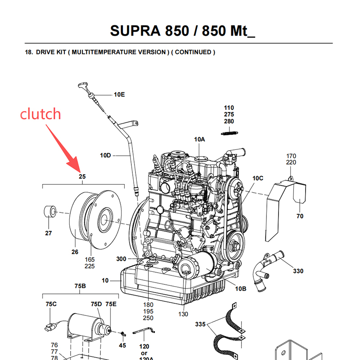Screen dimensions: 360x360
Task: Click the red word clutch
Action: click(40, 114)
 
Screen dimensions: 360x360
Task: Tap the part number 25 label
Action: click(82, 176)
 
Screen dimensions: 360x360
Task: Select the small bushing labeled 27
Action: click(49, 211)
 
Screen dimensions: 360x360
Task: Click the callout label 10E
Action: click(119, 94)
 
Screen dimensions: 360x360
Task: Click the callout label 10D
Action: click(105, 156)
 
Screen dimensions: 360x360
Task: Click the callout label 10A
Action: click(199, 139)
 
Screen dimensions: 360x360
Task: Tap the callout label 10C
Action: click(257, 178)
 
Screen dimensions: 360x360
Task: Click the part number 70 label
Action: click(300, 216)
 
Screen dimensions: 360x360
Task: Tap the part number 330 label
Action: click(298, 271)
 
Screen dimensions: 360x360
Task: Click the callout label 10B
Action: click(241, 288)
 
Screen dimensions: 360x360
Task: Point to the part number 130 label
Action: click(183, 314)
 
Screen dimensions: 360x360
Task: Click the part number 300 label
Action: click(121, 259)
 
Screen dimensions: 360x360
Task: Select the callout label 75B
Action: click(80, 286)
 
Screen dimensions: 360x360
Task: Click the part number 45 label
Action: click(122, 346)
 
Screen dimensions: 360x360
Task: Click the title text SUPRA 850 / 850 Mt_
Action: click(182, 31)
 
